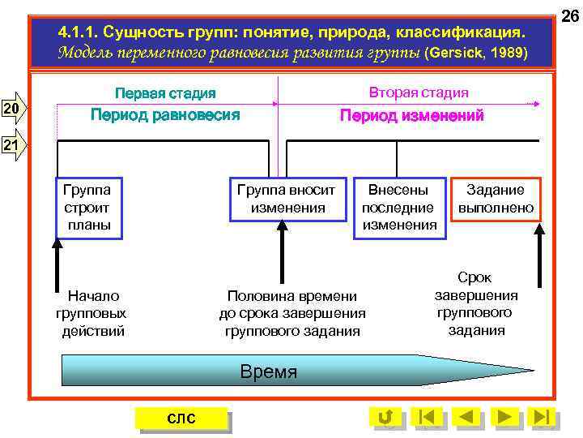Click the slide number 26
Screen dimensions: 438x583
569,15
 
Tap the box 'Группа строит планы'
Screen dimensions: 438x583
89,208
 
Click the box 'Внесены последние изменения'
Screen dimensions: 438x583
399,208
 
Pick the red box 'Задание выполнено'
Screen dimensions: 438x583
496,199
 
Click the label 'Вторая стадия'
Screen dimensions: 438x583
418,92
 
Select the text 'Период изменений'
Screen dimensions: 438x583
411,116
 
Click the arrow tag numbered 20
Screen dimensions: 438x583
14,109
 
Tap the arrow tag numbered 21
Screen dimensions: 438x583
14,146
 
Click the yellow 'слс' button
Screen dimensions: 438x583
181,418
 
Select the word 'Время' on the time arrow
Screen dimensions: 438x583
269,372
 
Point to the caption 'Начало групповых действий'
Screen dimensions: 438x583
93,313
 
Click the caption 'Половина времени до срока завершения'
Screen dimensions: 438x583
292,313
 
